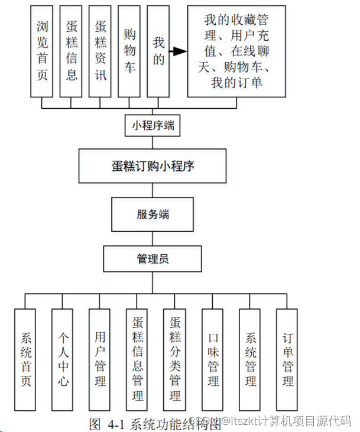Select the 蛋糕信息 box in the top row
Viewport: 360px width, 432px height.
point(72,51)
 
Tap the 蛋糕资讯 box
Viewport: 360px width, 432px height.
point(100,51)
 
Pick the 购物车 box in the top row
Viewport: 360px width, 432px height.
point(129,51)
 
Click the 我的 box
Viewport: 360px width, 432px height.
point(158,51)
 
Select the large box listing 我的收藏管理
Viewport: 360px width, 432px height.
point(236,51)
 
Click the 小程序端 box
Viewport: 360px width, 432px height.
point(153,125)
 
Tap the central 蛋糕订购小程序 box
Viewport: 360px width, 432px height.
point(153,166)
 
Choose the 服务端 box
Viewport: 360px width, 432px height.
point(153,215)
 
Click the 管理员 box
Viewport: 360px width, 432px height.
point(153,259)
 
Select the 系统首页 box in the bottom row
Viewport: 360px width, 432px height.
point(25,359)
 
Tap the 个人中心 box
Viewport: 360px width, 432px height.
point(63,359)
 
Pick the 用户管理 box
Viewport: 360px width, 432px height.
point(100,359)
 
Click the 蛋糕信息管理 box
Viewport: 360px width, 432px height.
point(138,359)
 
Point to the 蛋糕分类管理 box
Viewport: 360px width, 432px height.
point(175,359)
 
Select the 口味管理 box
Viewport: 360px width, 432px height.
point(213,359)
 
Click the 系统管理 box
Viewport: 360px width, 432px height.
point(251,359)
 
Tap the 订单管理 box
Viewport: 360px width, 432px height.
point(288,359)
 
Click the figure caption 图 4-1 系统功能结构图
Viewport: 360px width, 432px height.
point(155,423)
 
